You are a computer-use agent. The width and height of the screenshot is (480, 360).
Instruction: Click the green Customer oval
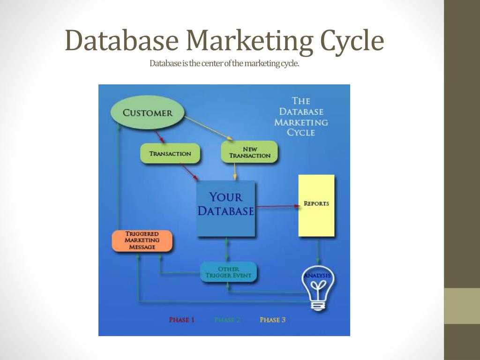pos(147,113)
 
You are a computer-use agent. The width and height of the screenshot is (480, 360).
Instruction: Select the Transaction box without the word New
pos(170,154)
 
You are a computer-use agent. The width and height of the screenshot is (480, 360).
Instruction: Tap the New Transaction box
pos(249,152)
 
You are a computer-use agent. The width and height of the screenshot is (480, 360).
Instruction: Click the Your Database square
pos(225,209)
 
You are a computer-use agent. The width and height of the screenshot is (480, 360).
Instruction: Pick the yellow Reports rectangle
pos(316,205)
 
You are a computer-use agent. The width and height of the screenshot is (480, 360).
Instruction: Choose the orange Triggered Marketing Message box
pos(142,240)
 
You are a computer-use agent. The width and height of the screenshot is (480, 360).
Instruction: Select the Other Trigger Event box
pos(228,272)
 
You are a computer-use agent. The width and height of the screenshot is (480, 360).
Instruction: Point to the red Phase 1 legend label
pos(182,320)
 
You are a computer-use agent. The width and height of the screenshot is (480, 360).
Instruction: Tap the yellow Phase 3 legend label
pos(273,320)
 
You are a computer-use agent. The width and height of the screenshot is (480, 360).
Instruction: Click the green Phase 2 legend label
pos(227,320)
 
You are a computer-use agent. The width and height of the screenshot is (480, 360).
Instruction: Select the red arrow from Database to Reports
pos(277,206)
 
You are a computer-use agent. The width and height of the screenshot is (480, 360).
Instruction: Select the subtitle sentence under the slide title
pos(224,63)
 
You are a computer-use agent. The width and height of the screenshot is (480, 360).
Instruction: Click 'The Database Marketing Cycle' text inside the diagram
pos(301,116)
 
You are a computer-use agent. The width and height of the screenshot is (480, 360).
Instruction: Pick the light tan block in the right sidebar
pos(462,306)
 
